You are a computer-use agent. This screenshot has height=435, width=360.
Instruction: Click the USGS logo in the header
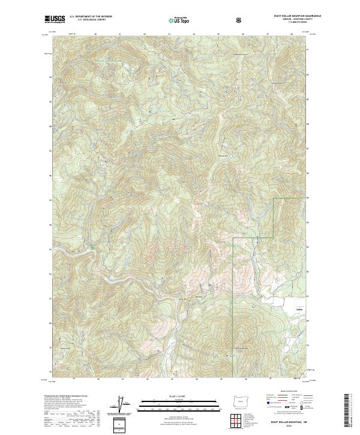click(55, 20)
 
